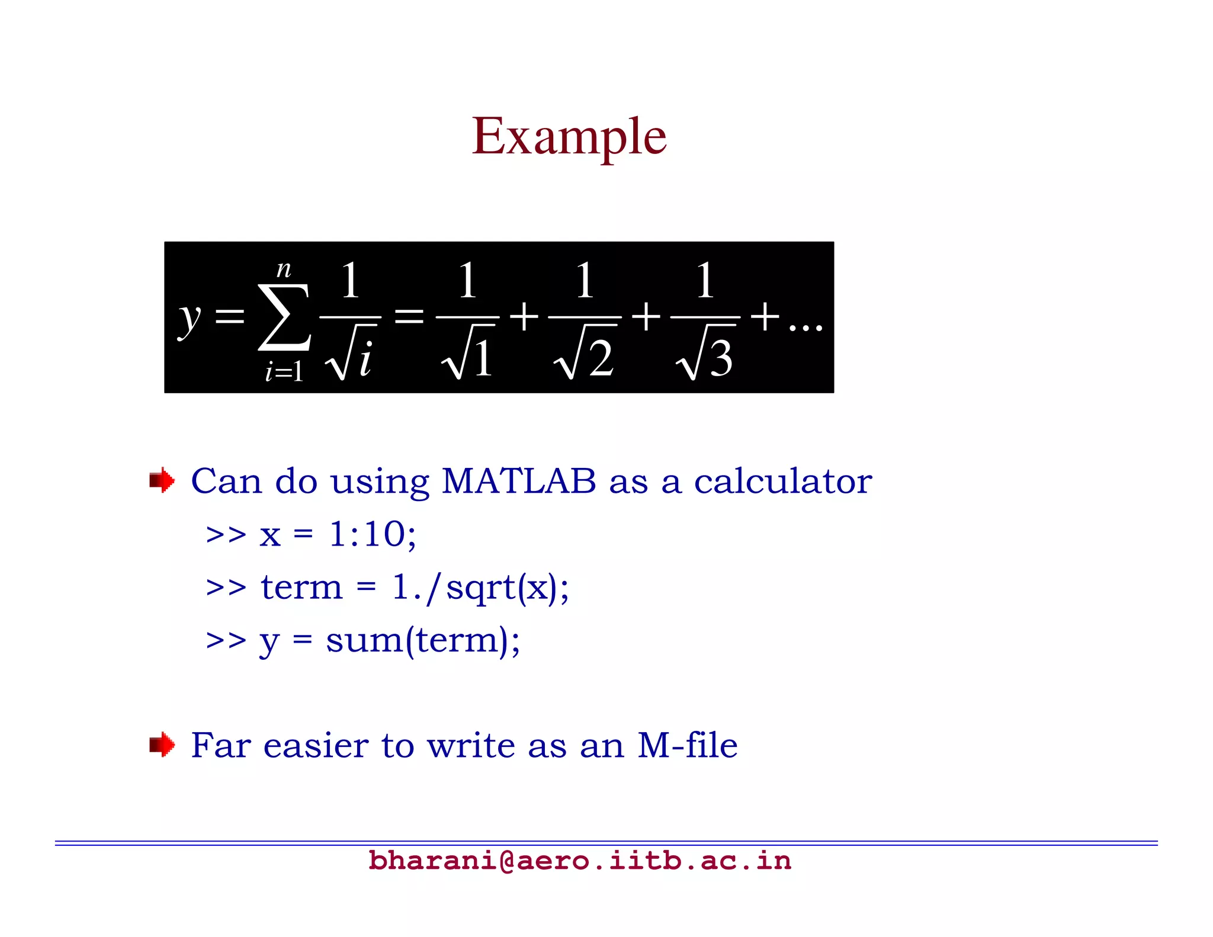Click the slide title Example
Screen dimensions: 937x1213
pos(569,137)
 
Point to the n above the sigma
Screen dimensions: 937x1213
pos(284,269)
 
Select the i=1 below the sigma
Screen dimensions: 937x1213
pos(284,372)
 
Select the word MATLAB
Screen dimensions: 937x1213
pos(519,480)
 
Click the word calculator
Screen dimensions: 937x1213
pos(782,480)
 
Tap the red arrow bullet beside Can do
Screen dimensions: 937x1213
pos(162,480)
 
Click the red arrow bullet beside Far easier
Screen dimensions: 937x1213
pos(162,745)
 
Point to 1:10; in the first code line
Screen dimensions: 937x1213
pos(373,534)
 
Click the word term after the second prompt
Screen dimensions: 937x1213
pos(301,588)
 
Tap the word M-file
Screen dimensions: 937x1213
pos(687,745)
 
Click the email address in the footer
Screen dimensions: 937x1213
pos(579,861)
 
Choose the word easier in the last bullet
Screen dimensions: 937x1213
pos(316,745)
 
